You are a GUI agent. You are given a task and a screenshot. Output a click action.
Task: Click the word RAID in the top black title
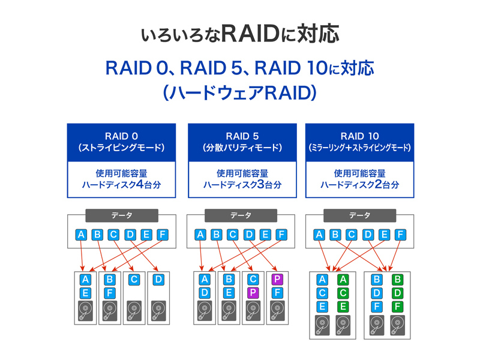click(250, 34)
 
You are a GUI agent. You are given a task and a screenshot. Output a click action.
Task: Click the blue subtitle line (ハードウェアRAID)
click(239, 93)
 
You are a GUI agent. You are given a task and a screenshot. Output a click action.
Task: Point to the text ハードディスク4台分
click(121, 185)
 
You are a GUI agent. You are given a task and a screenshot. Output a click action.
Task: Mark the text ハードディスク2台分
click(359, 185)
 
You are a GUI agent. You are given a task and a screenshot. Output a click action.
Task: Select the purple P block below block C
click(253, 293)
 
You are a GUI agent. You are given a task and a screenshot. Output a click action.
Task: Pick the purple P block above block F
click(277, 280)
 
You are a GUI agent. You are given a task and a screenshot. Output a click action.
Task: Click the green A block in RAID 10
click(343, 280)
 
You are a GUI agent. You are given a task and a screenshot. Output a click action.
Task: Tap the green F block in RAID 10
click(397, 307)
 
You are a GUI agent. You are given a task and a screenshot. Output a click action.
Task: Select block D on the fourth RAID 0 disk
click(158, 280)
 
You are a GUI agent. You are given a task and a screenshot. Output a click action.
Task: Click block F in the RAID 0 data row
click(162, 235)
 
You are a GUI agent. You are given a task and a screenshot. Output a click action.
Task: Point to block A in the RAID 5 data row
click(201, 235)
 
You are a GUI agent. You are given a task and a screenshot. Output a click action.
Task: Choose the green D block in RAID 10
click(397, 293)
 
